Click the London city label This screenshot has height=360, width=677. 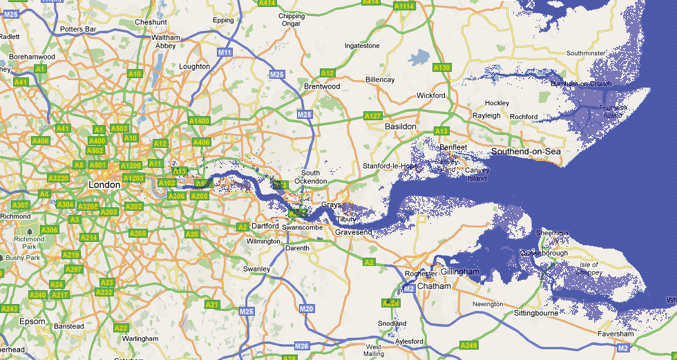point(104,184)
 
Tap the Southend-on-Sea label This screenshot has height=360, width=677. point(526,151)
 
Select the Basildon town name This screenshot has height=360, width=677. point(401,126)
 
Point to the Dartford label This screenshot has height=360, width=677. point(265,226)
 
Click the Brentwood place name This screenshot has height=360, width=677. point(322,86)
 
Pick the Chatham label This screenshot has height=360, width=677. point(435,285)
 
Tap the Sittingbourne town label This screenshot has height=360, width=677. point(536,313)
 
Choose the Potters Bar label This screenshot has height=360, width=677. point(78,29)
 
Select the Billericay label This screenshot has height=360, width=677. point(380,79)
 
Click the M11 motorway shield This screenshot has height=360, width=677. point(224,53)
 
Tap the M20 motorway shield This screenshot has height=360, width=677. point(307,308)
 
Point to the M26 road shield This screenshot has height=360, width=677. point(301,345)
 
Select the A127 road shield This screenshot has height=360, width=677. point(373,115)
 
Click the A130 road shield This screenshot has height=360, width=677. point(442,68)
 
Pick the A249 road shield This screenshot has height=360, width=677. point(468,345)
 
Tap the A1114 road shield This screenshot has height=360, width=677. point(403,6)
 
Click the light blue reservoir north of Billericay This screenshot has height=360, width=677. point(419,57)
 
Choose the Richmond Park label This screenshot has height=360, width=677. point(29,243)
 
